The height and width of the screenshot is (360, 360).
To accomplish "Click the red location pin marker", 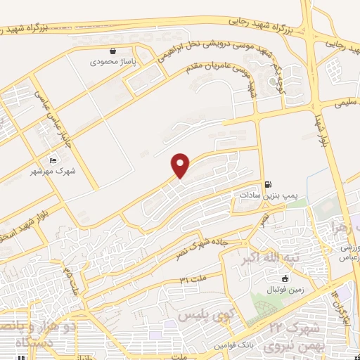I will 181,165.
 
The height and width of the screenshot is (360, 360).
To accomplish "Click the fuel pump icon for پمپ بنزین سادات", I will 268,185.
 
